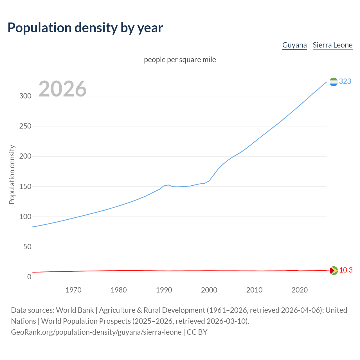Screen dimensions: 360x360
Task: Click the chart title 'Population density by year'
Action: coord(85,28)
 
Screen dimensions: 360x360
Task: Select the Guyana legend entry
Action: coord(294,45)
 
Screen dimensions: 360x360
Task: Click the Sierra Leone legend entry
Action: coord(332,45)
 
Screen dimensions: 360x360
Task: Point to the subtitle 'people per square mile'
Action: coord(180,60)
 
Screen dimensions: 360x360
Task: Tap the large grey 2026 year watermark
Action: coord(62,89)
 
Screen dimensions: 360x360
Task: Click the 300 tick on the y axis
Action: coord(25,96)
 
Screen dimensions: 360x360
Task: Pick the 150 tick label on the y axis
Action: coord(25,186)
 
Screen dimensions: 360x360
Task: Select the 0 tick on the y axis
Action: coord(29,277)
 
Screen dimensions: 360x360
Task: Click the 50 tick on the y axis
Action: coord(27,247)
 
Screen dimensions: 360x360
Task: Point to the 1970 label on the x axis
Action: coord(73,290)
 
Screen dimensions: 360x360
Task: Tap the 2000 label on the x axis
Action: coord(209,290)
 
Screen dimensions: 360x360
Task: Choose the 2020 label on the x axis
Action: coord(300,290)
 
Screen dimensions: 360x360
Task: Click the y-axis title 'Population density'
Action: coord(12,174)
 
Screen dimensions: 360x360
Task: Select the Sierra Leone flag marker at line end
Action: coord(334,82)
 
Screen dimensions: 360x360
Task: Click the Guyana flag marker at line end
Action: coord(334,271)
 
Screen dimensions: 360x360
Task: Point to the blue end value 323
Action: coord(345,81)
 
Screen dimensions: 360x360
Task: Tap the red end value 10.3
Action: coord(346,270)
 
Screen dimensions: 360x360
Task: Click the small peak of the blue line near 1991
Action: coord(168,185)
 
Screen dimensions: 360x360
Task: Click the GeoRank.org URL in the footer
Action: coord(96,332)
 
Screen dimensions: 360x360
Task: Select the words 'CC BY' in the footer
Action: coord(197,332)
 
